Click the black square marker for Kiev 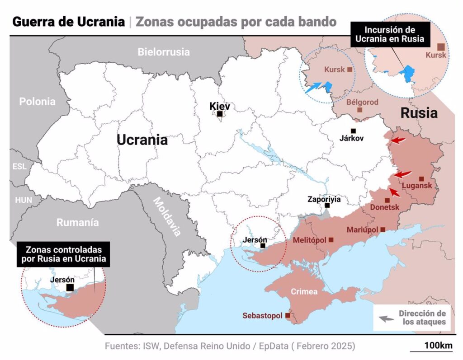pyautogui.click(x=219, y=114)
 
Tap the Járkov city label pyautogui.click(x=351, y=139)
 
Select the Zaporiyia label pyautogui.click(x=324, y=199)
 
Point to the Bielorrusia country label pyautogui.click(x=164, y=52)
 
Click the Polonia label pyautogui.click(x=38, y=101)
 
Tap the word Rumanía pyautogui.click(x=77, y=222)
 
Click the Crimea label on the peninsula pyautogui.click(x=304, y=291)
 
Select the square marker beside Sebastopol pyautogui.click(x=288, y=316)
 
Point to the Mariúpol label pyautogui.click(x=362, y=230)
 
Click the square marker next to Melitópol pyautogui.click(x=331, y=240)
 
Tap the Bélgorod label pyautogui.click(x=362, y=102)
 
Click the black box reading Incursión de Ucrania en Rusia pyautogui.click(x=389, y=34)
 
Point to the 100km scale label pyautogui.click(x=438, y=346)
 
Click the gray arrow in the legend pyautogui.click(x=386, y=318)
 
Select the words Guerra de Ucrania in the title pyautogui.click(x=68, y=22)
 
